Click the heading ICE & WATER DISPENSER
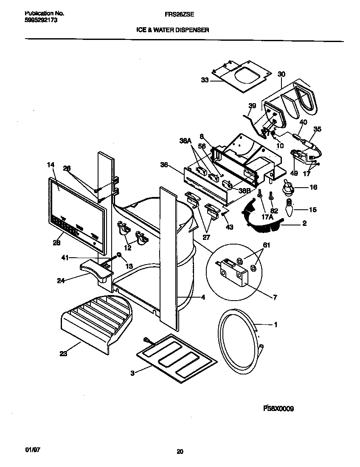click(x=172, y=30)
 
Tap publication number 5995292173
click(x=38, y=20)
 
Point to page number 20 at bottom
click(x=180, y=452)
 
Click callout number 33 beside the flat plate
click(x=205, y=80)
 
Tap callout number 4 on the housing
click(x=203, y=298)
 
